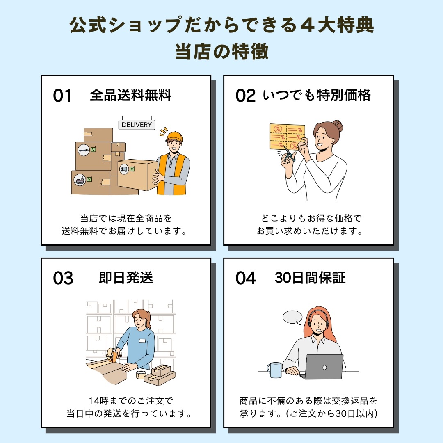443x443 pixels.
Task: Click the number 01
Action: coord(62,96)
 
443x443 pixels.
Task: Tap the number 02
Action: coord(245,96)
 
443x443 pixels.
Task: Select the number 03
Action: coord(63,279)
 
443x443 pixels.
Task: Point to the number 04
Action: coord(245,279)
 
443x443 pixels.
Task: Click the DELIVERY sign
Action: coord(137,125)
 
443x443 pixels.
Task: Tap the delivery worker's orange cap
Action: coord(174,136)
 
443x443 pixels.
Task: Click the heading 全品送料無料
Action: coord(130,96)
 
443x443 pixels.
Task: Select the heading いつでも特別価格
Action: coord(316,96)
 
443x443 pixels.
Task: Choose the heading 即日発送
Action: coord(126,278)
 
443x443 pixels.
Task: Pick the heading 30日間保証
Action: coord(310,278)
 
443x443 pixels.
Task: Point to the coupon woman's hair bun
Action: coord(338,125)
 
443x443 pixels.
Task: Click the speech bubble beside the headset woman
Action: coord(292,317)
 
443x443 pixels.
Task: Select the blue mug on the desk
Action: coord(274,370)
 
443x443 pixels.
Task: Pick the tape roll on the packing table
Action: coord(141,374)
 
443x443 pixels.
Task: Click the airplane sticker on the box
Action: coord(84,150)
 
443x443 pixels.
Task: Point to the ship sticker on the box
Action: coord(79,179)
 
